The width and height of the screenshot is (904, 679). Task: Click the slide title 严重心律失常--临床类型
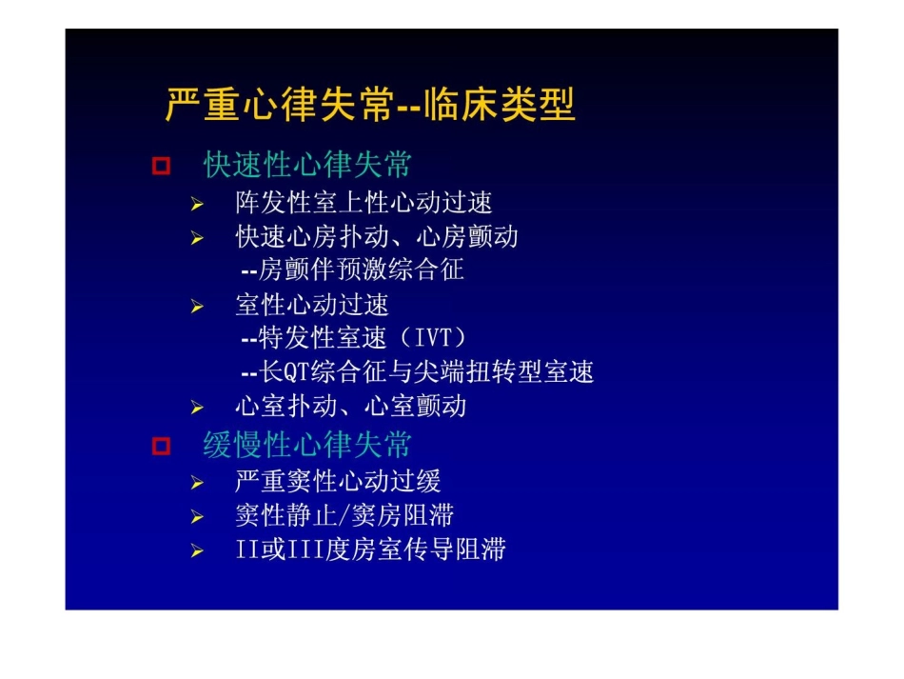click(370, 105)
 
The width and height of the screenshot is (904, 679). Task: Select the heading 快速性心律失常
click(307, 165)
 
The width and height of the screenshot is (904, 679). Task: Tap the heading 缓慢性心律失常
click(307, 445)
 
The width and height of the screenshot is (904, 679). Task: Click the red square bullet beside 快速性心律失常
click(161, 167)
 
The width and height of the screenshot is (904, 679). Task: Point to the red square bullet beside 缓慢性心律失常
click(161, 446)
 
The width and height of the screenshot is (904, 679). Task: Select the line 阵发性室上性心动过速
click(364, 203)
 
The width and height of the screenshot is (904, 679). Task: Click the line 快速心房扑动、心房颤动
click(377, 236)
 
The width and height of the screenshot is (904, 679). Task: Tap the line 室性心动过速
click(312, 305)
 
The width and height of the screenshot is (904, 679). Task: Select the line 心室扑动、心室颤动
click(351, 406)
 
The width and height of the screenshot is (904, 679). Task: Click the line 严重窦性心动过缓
click(338, 481)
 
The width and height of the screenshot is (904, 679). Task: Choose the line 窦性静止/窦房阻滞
click(344, 515)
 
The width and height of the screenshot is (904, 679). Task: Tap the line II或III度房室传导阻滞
click(370, 549)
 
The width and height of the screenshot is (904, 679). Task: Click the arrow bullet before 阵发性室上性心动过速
click(196, 205)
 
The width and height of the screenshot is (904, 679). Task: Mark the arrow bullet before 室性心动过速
click(196, 307)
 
